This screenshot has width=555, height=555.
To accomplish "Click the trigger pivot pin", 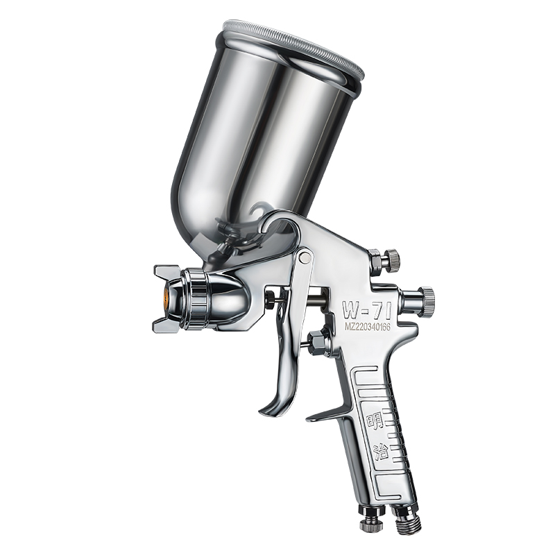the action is [303, 259].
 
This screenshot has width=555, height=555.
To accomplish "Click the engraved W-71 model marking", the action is [366, 310].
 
